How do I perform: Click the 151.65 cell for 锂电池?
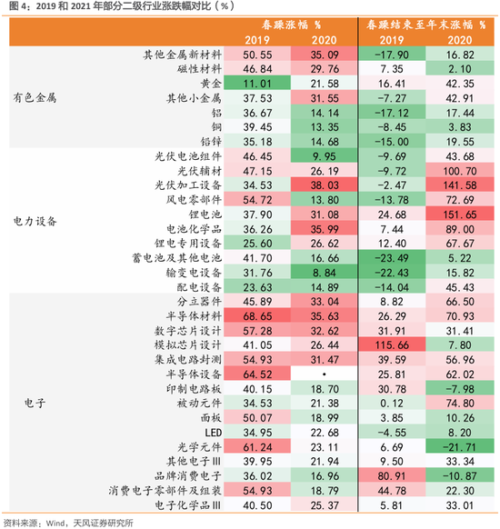458,214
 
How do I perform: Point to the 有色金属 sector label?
35,97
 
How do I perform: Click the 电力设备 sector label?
35,220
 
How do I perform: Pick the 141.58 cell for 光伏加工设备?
458,185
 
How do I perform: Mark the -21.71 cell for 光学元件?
458,446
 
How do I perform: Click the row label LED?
213,432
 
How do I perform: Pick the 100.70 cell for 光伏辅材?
458,170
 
